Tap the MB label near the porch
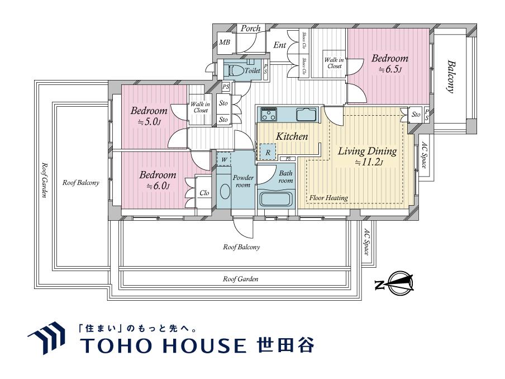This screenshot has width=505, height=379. [x=225, y=42]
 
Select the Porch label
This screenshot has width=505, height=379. [x=251, y=29]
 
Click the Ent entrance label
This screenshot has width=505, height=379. [x=280, y=45]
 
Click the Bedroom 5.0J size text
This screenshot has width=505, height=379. [x=148, y=121]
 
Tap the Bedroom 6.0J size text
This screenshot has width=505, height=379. [x=157, y=186]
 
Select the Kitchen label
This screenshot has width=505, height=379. [x=292, y=136]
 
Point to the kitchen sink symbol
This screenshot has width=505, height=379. [x=306, y=115]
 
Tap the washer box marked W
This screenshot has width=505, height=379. [x=224, y=159]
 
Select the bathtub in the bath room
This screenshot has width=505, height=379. [x=277, y=200]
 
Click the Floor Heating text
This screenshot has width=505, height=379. [x=329, y=198]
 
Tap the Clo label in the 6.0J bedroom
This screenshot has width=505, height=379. [x=204, y=193]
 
